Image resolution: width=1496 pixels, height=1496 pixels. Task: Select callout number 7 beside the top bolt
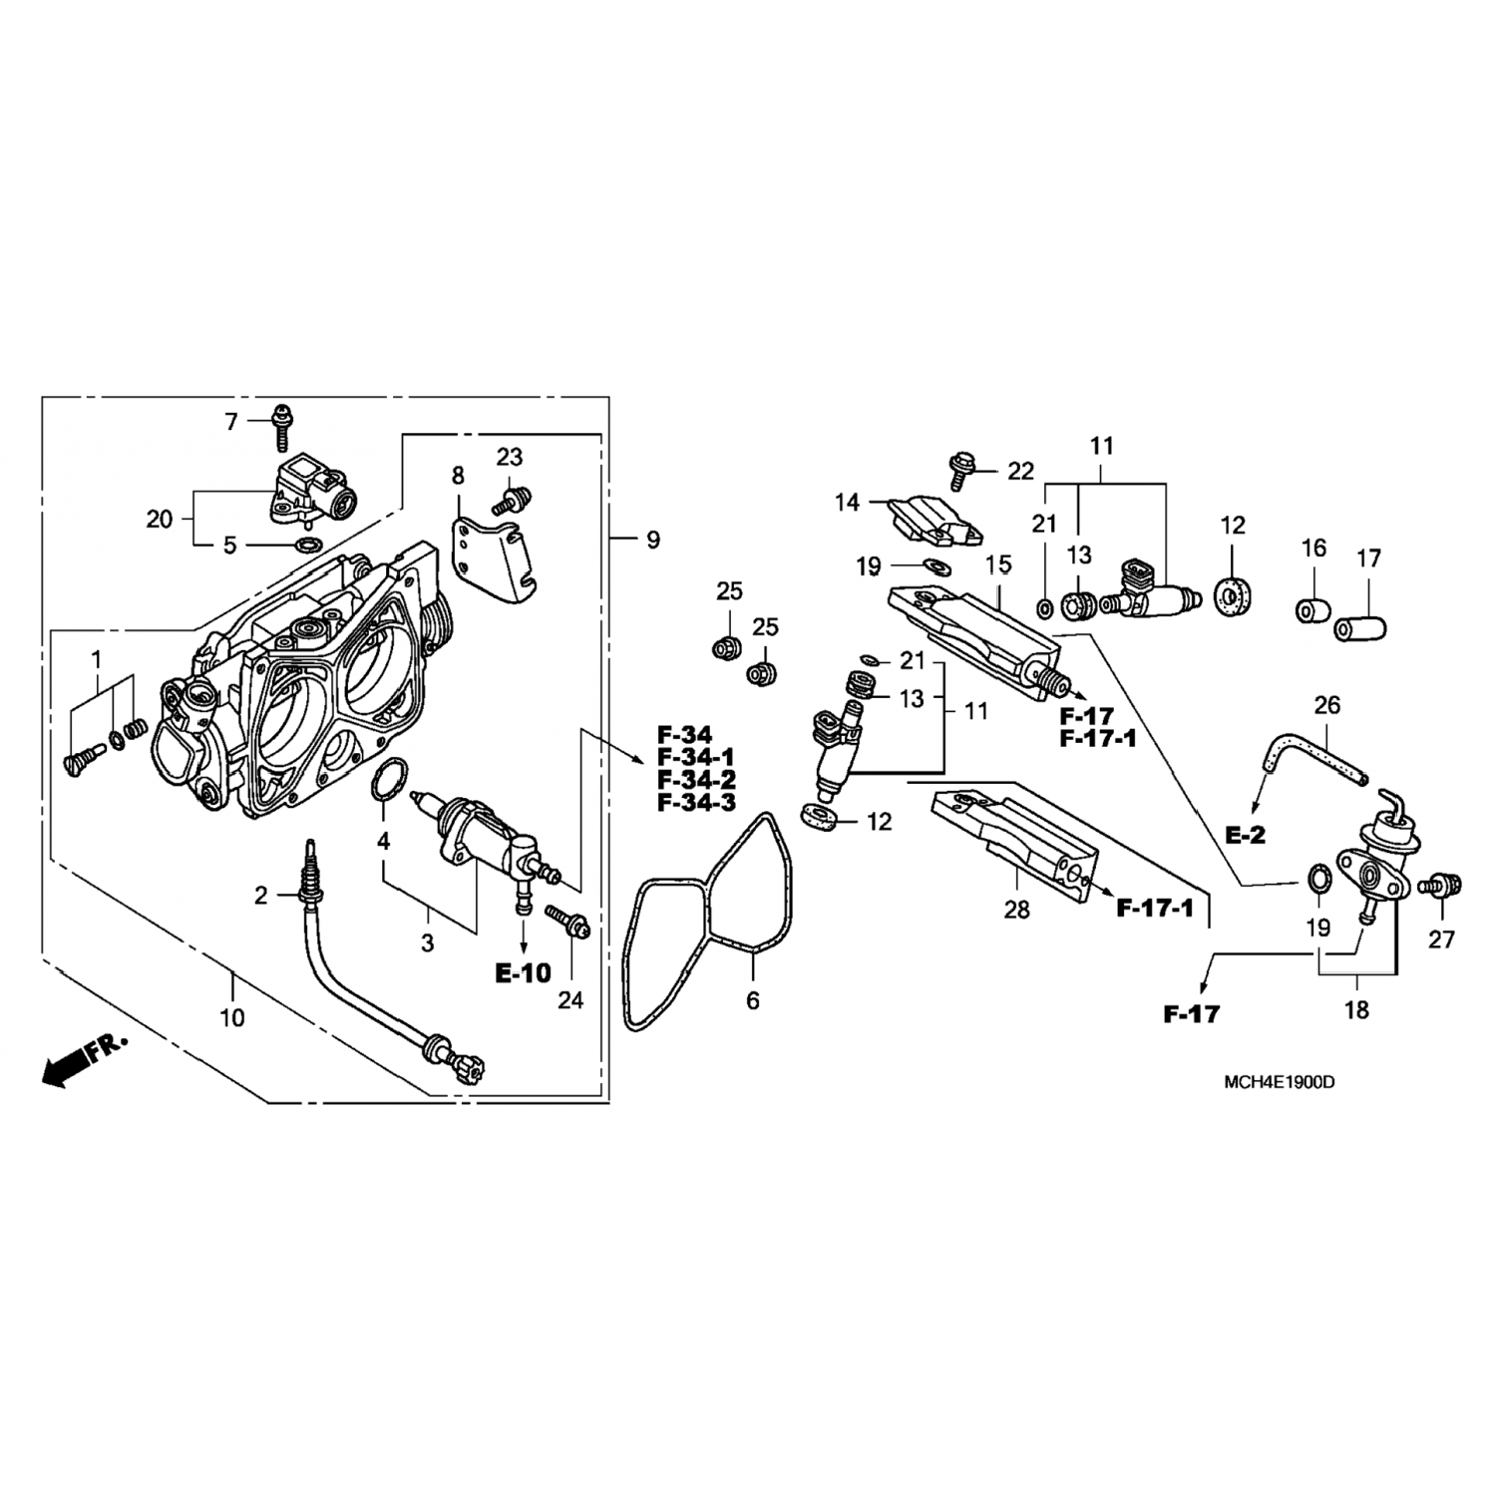click(x=231, y=423)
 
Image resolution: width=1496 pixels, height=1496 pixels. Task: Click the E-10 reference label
click(x=523, y=972)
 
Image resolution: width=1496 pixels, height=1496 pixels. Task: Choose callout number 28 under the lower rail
click(x=1016, y=909)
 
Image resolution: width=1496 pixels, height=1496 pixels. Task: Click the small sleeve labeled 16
click(x=1314, y=608)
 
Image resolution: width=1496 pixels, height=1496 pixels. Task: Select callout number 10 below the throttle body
click(x=231, y=1017)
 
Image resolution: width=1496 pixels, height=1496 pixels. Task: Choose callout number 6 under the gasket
click(x=752, y=999)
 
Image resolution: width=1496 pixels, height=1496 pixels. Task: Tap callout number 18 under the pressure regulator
click(x=1356, y=1009)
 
